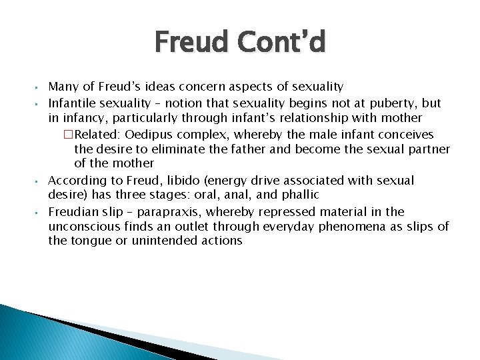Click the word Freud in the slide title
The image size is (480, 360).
195,43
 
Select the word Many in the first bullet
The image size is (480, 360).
62,87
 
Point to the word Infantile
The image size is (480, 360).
72,103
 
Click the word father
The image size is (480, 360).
245,149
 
